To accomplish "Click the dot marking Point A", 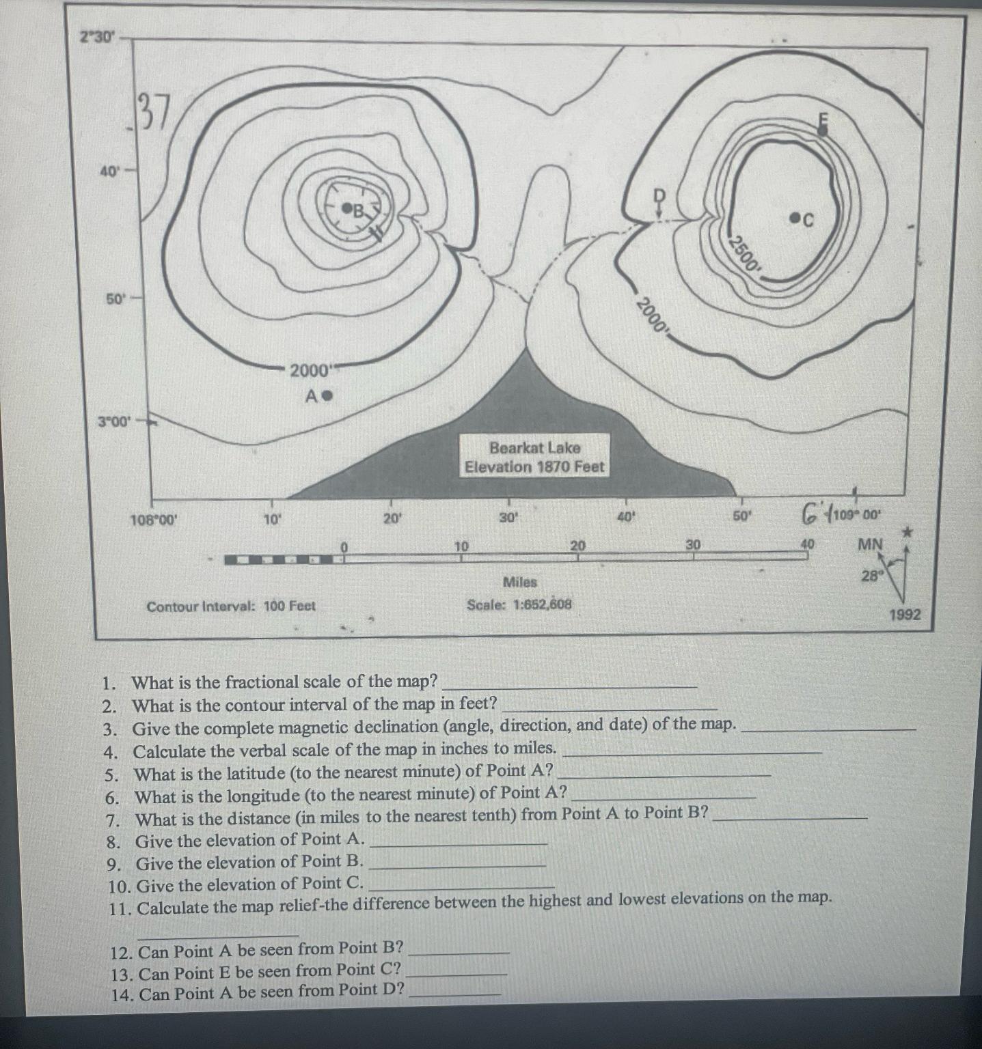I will click(x=327, y=395).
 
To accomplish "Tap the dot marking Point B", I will click(x=346, y=207).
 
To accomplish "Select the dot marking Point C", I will click(x=794, y=218).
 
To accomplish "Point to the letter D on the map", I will click(x=659, y=195).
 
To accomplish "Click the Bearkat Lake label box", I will click(x=534, y=458).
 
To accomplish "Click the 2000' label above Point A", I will click(x=310, y=372).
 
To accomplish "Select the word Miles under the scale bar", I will click(x=520, y=583).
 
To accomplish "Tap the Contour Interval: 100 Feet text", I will click(x=231, y=606).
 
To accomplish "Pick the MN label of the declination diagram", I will click(x=870, y=545).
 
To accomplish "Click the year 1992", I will click(x=904, y=615).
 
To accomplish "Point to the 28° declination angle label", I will click(x=872, y=576).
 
